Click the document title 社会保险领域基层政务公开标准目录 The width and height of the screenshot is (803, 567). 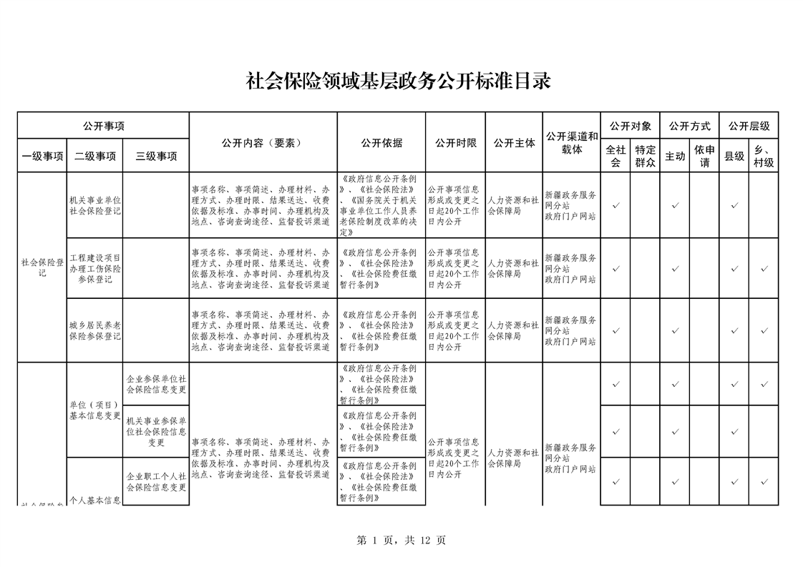(399, 81)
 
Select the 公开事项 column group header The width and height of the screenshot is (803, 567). (103, 126)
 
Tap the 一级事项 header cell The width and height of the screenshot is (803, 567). (42, 156)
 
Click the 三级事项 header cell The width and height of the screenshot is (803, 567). (156, 156)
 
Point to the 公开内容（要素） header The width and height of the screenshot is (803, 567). (262, 142)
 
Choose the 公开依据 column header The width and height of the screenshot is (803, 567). (381, 142)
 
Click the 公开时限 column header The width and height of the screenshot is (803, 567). (455, 142)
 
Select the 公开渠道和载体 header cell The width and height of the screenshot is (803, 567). (571, 142)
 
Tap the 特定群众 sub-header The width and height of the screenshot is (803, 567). (645, 156)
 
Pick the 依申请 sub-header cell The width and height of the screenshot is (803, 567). (704, 156)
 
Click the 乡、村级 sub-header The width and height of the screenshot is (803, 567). (763, 156)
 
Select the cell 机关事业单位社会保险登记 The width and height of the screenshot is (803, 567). (95, 206)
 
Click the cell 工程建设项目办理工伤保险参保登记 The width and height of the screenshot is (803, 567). (95, 268)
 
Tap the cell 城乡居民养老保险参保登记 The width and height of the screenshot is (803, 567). (95, 330)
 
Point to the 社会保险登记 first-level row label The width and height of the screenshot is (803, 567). (42, 267)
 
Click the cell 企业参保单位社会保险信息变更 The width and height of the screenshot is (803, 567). (156, 384)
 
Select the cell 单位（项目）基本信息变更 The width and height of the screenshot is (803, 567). (95, 410)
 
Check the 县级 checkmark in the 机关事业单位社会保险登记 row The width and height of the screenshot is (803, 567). (734, 206)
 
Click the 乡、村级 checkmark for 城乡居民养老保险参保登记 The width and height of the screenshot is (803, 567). (764, 330)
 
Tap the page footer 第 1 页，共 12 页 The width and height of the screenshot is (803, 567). (401, 541)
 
